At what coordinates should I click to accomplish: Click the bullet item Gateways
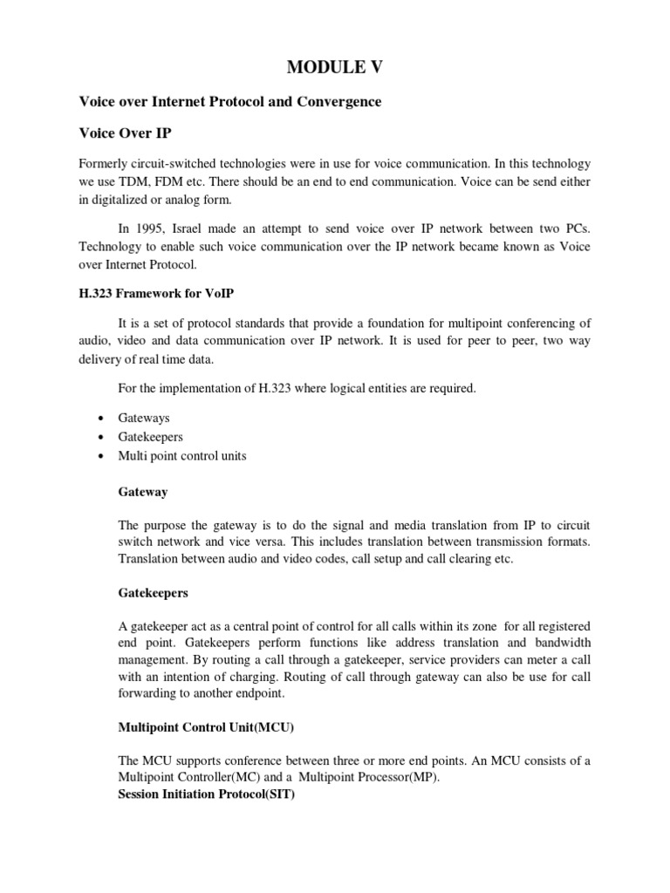pyautogui.click(x=144, y=419)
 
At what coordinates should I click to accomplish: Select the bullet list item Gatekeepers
pyautogui.click(x=150, y=437)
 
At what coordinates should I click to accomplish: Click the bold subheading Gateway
pyautogui.click(x=143, y=492)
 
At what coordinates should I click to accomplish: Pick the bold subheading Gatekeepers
pyautogui.click(x=153, y=592)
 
